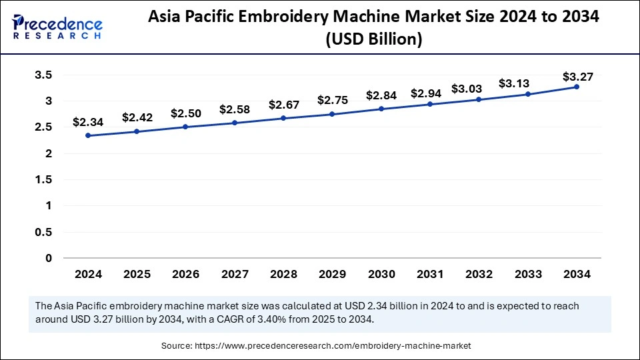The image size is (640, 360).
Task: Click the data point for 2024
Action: (88, 135)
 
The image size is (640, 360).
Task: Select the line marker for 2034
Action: (577, 87)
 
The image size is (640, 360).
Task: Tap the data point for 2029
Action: (332, 114)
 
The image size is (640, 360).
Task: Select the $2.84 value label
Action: (381, 95)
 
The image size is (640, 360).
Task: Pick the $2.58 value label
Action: (234, 109)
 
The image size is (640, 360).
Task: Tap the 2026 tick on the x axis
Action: (185, 274)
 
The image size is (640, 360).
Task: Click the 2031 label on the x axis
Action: (430, 274)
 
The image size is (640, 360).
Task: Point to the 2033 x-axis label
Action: (527, 274)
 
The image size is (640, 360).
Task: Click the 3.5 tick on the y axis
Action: (43, 75)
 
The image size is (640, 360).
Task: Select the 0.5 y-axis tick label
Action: (43, 232)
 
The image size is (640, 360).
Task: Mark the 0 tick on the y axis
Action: (49, 258)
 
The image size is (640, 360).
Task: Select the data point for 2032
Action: (479, 99)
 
